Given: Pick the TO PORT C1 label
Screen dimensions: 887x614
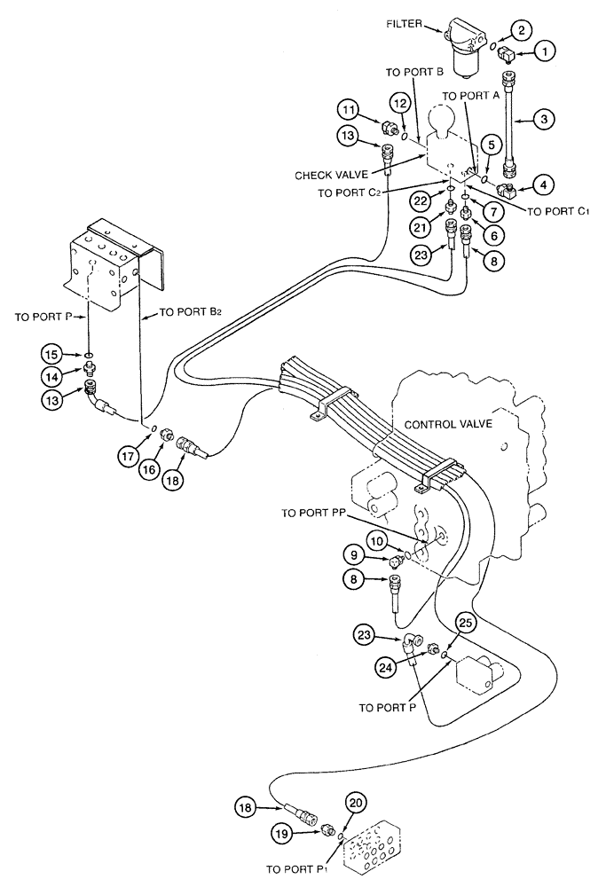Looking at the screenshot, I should (x=558, y=210).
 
